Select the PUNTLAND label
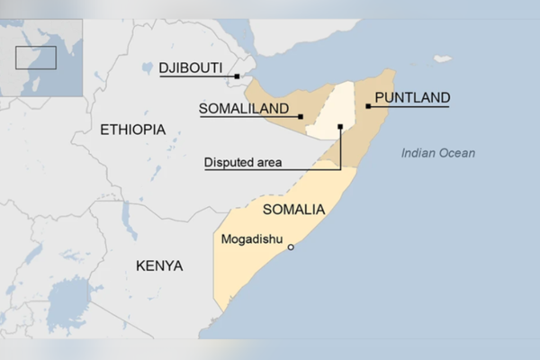coord(411,97)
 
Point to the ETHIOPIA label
coord(133,130)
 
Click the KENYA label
coord(158,265)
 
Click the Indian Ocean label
coord(438,153)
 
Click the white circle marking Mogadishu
coord(291,247)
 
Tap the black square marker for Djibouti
coord(237,76)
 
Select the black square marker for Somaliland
coord(301,116)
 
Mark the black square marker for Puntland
coord(369,106)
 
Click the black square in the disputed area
coord(340,127)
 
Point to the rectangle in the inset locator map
coord(36,57)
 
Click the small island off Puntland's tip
coord(442,59)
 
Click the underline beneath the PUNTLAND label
coord(410,107)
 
